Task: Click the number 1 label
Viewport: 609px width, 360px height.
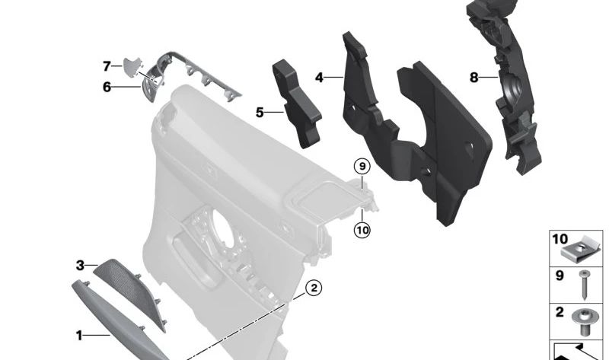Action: (78, 333)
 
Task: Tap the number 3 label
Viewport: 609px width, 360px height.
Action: (80, 266)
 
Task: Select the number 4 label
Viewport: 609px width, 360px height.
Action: (319, 78)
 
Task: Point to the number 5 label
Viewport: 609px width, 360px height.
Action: (260, 113)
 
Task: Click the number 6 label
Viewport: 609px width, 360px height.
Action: (107, 87)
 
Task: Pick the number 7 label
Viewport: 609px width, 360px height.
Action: (107, 66)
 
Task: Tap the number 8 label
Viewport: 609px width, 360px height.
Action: (473, 78)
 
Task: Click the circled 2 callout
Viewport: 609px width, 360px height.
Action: (313, 288)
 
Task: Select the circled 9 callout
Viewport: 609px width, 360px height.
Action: (362, 165)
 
